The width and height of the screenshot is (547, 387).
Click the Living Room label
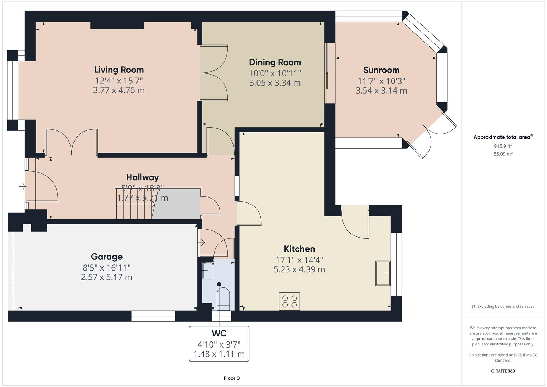pos(119,70)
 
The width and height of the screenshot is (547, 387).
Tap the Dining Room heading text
pos(275,62)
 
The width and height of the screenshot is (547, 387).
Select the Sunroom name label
pos(382,70)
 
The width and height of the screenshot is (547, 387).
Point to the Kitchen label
pos(299,249)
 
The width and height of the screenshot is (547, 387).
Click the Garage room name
pos(107,257)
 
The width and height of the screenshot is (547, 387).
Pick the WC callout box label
pos(219,333)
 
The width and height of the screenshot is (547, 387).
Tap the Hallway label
pos(143,177)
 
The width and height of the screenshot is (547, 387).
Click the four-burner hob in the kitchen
pos(289,301)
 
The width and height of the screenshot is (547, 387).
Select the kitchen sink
pos(383,273)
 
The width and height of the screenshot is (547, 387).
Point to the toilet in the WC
pos(224,298)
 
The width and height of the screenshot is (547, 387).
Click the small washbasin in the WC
pos(208,270)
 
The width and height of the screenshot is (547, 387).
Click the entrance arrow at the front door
pos(23,187)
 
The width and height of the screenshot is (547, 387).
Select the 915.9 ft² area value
pos(503,146)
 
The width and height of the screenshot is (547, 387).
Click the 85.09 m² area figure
pos(503,154)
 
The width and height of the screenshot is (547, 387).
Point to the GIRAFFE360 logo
pos(503,371)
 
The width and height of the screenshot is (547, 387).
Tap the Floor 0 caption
pos(232,378)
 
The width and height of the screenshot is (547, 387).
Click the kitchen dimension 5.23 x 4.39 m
pos(299,269)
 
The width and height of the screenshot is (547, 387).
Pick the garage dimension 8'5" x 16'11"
pos(107,268)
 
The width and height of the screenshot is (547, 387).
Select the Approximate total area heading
pos(503,137)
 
